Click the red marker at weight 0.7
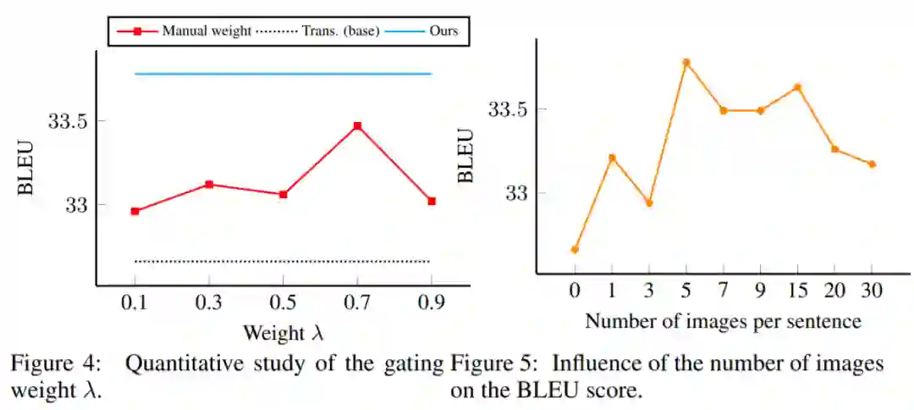[x=357, y=126]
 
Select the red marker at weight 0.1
[x=135, y=211]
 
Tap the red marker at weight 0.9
[x=432, y=201]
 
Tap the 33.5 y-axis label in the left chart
[x=68, y=121]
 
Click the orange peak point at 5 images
[x=686, y=63]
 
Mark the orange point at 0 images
[x=575, y=249]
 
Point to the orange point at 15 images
[x=797, y=87]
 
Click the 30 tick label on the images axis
[x=872, y=292]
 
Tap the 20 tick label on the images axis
[x=834, y=292]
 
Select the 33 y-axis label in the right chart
[x=518, y=193]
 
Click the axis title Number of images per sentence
[x=723, y=321]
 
